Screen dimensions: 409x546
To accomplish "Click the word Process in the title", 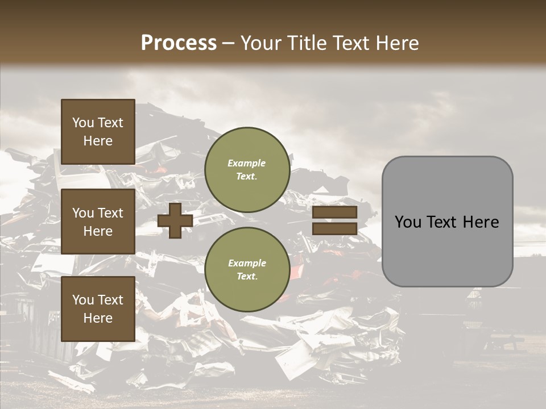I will [x=179, y=43].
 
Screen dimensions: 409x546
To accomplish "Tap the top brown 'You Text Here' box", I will [x=98, y=132].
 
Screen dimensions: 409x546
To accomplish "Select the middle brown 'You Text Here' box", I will [x=98, y=222].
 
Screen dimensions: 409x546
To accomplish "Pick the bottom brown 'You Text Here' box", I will [x=98, y=309].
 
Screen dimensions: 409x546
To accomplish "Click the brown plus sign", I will [x=175, y=220].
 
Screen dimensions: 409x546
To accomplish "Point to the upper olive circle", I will [x=247, y=169].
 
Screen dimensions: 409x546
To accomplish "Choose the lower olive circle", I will [x=247, y=269].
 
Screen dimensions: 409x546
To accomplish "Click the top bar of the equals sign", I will [x=334, y=212].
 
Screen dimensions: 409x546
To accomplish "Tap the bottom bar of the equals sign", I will [x=334, y=228].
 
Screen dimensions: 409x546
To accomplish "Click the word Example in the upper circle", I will [x=247, y=163].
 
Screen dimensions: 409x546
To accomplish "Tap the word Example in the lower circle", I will [x=247, y=263].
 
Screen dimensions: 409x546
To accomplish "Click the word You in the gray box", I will [x=408, y=222].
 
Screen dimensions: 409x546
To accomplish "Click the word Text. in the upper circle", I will [x=247, y=176].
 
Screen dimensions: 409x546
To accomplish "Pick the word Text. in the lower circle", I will [x=247, y=276].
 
